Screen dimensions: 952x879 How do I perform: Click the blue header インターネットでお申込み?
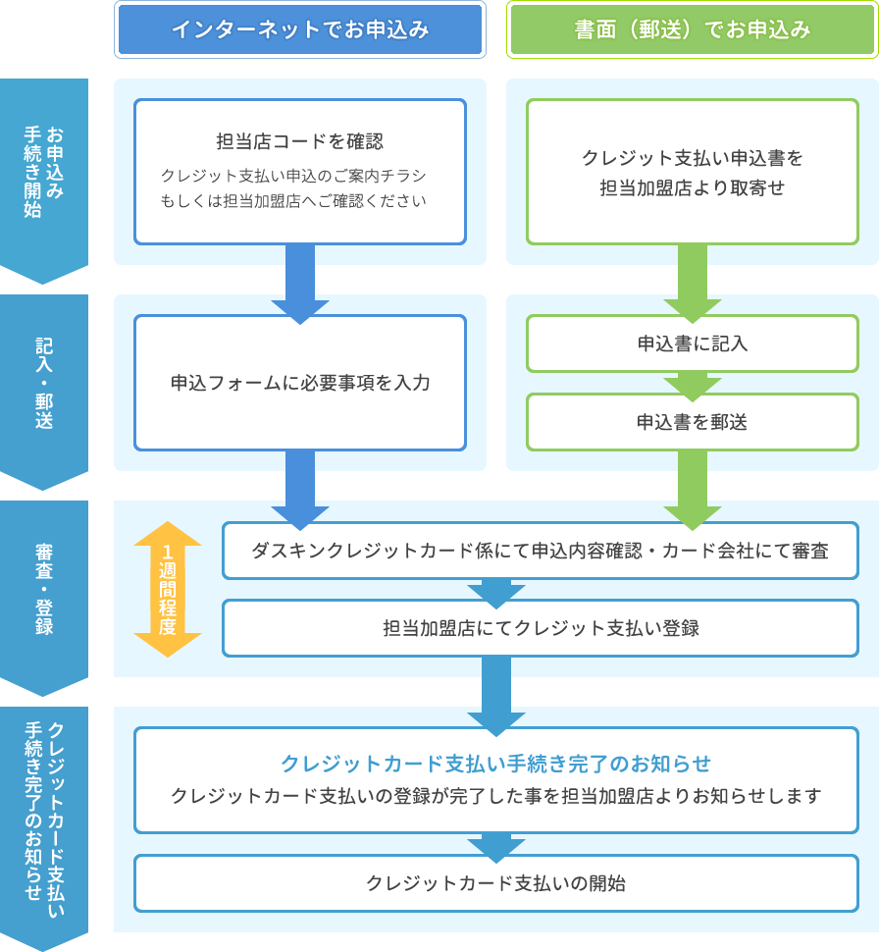point(300,29)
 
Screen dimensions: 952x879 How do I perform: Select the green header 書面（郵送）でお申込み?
point(693,29)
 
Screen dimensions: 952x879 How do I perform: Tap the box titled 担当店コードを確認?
point(300,171)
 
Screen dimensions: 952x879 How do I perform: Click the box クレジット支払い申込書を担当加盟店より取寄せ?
point(693,171)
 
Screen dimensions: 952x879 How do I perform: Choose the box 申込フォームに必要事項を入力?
point(300,383)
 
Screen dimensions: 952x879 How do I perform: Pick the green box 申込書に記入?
point(693,344)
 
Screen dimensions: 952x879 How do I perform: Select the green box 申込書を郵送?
point(693,422)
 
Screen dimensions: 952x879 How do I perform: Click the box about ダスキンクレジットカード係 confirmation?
point(540,551)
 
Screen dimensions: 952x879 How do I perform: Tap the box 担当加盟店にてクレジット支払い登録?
point(540,628)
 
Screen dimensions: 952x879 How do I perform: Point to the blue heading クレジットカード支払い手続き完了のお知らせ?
point(495,764)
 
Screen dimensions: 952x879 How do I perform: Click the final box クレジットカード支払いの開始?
point(495,883)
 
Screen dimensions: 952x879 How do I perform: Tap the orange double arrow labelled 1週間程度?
point(168,589)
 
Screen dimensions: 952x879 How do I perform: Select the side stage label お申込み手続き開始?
point(44,172)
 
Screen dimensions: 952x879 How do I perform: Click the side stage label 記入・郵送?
point(44,383)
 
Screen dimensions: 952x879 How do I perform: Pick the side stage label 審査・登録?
point(44,589)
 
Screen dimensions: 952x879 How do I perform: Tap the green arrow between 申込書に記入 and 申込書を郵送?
point(693,385)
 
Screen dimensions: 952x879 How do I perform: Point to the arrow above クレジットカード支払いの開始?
point(496,846)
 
